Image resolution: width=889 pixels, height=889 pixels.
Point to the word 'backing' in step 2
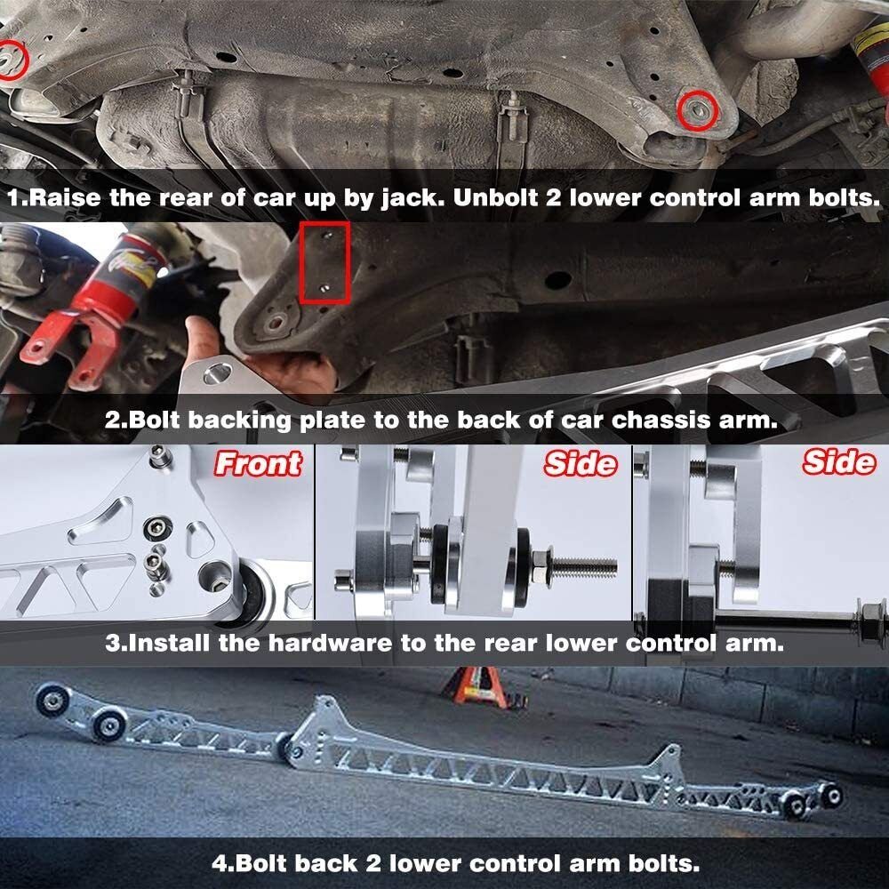point(239,420)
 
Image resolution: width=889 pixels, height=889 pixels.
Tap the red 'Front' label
point(258,464)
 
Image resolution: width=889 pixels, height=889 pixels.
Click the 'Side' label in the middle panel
point(580,463)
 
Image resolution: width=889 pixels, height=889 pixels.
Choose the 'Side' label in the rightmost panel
point(839,461)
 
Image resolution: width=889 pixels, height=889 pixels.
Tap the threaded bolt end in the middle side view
point(584,565)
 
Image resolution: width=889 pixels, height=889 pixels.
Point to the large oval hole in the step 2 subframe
point(558,279)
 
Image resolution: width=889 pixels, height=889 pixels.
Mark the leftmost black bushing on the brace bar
point(52,701)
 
